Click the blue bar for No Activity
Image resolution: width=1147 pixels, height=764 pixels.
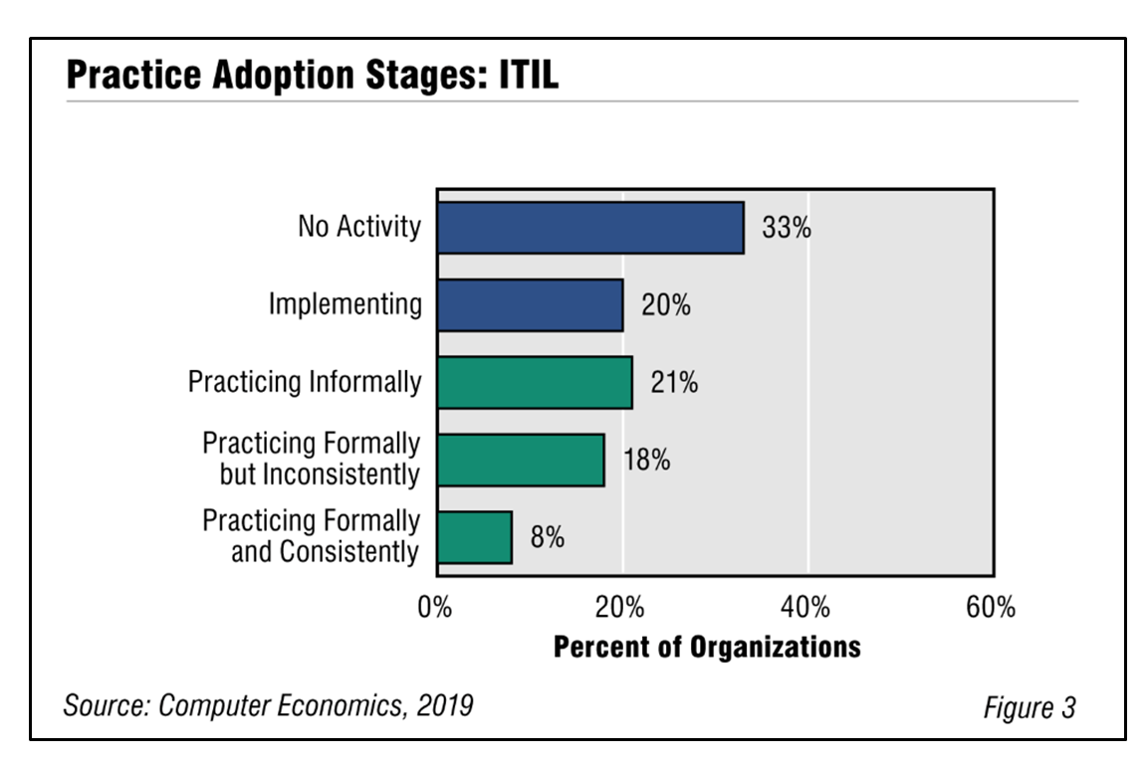click(x=590, y=228)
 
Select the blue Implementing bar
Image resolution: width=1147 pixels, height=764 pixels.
click(x=530, y=305)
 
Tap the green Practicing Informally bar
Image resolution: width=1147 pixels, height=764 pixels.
click(x=535, y=383)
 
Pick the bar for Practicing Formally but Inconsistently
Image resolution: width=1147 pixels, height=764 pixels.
click(x=521, y=460)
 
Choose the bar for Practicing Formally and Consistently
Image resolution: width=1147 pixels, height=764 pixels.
click(x=475, y=537)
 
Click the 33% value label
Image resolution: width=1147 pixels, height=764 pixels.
click(x=787, y=228)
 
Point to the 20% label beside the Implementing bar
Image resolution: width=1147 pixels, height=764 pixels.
click(x=665, y=305)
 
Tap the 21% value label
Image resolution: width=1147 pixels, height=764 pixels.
click(x=674, y=383)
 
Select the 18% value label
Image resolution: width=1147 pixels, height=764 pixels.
click(x=646, y=461)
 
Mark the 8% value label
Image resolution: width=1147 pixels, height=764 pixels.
click(x=547, y=538)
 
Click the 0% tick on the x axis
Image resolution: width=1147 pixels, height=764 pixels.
click(x=435, y=608)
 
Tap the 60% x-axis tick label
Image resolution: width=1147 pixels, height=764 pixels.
click(x=991, y=608)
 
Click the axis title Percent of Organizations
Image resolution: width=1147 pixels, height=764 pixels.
click(x=707, y=647)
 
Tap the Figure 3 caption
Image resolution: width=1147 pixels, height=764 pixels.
click(x=1030, y=708)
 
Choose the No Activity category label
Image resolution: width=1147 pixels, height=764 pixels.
click(x=359, y=227)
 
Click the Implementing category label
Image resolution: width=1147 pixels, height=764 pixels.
click(x=345, y=304)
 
